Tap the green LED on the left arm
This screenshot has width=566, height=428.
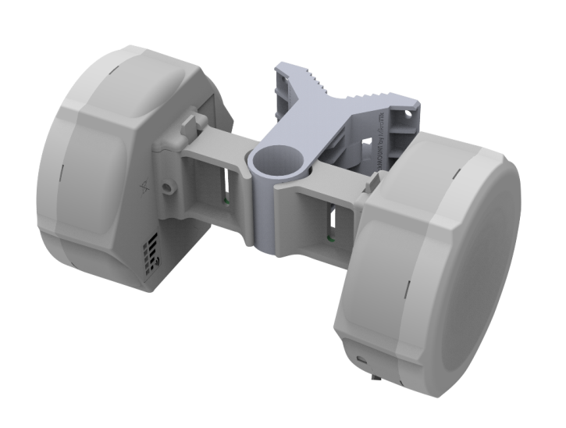tap(224, 199)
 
